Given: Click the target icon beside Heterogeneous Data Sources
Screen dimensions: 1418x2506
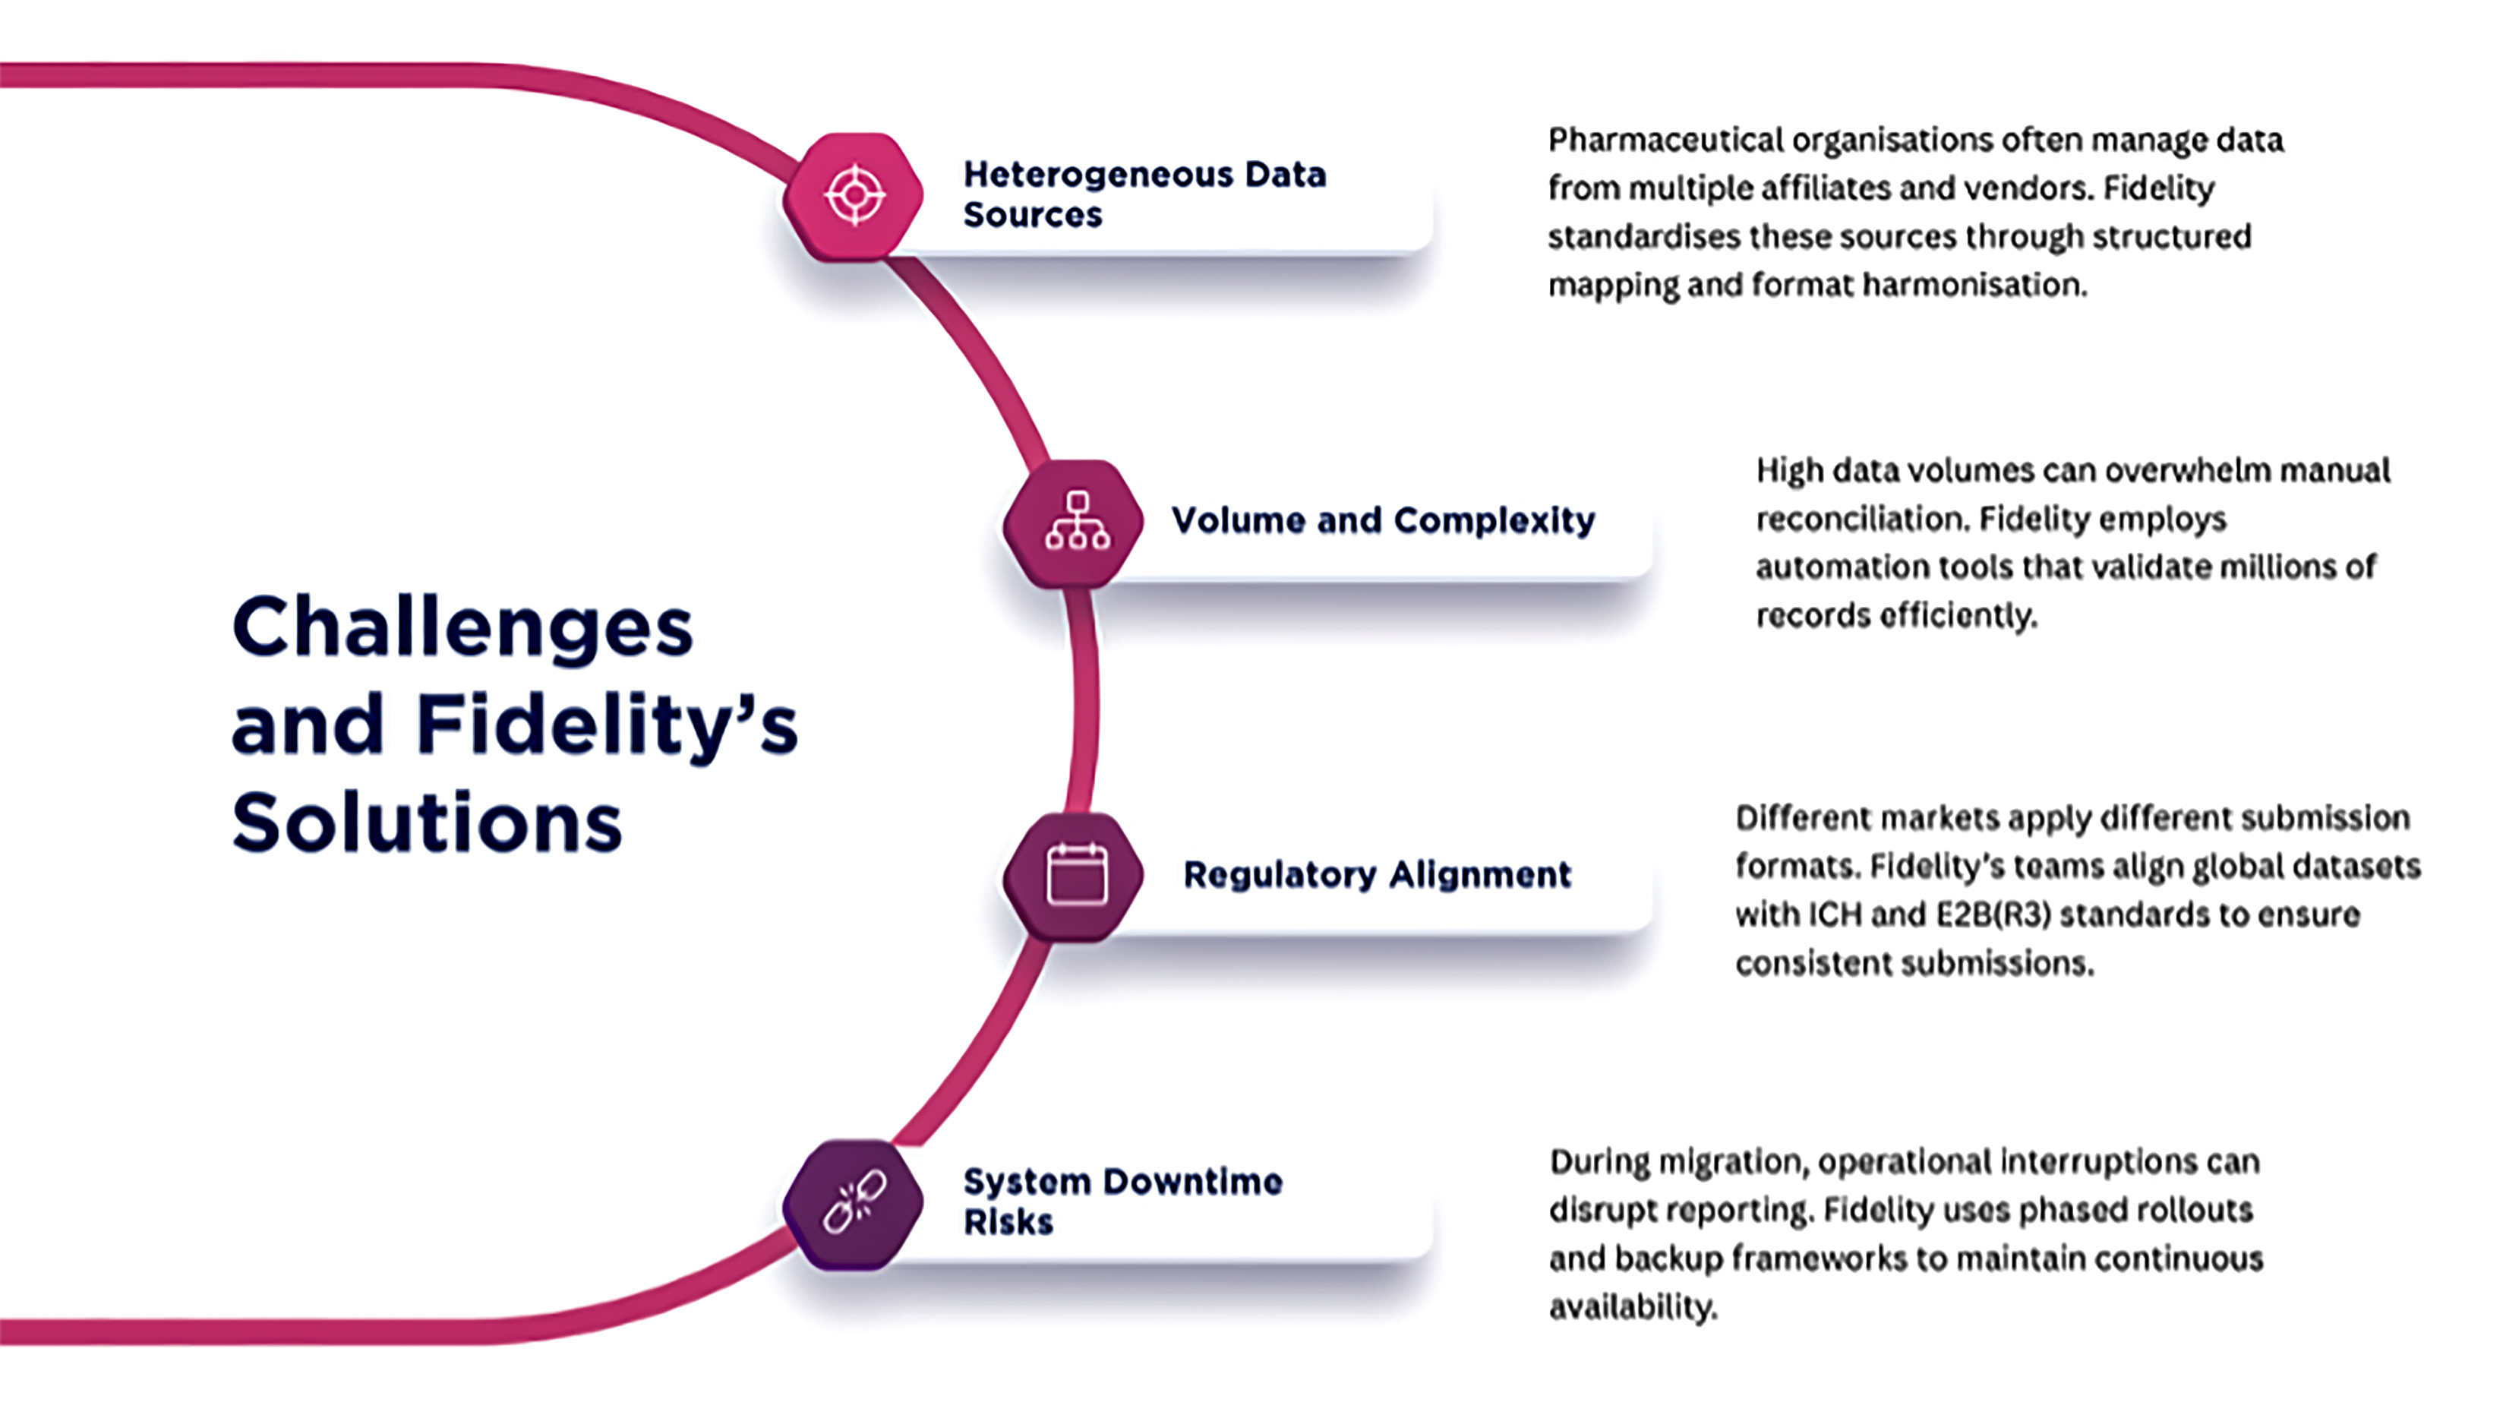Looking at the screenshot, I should (x=854, y=196).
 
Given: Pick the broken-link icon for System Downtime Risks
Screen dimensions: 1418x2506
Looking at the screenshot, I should (x=854, y=1203).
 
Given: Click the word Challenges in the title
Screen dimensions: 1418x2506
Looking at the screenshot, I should (x=462, y=628).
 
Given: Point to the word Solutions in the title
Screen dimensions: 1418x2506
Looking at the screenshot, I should (x=427, y=824).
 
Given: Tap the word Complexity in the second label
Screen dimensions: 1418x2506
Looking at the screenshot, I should (x=1494, y=521).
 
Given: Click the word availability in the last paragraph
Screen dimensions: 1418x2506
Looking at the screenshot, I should (x=1632, y=1307).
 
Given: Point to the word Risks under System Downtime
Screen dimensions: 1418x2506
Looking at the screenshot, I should (x=1008, y=1222).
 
